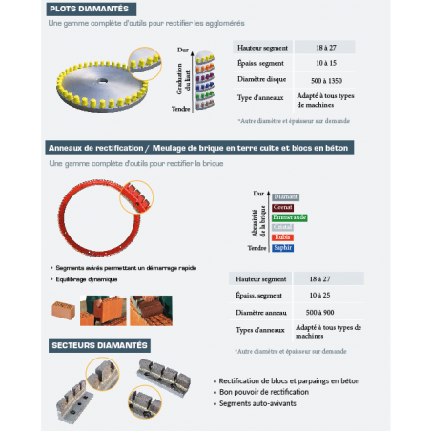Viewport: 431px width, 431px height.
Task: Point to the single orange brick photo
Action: (65, 310)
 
